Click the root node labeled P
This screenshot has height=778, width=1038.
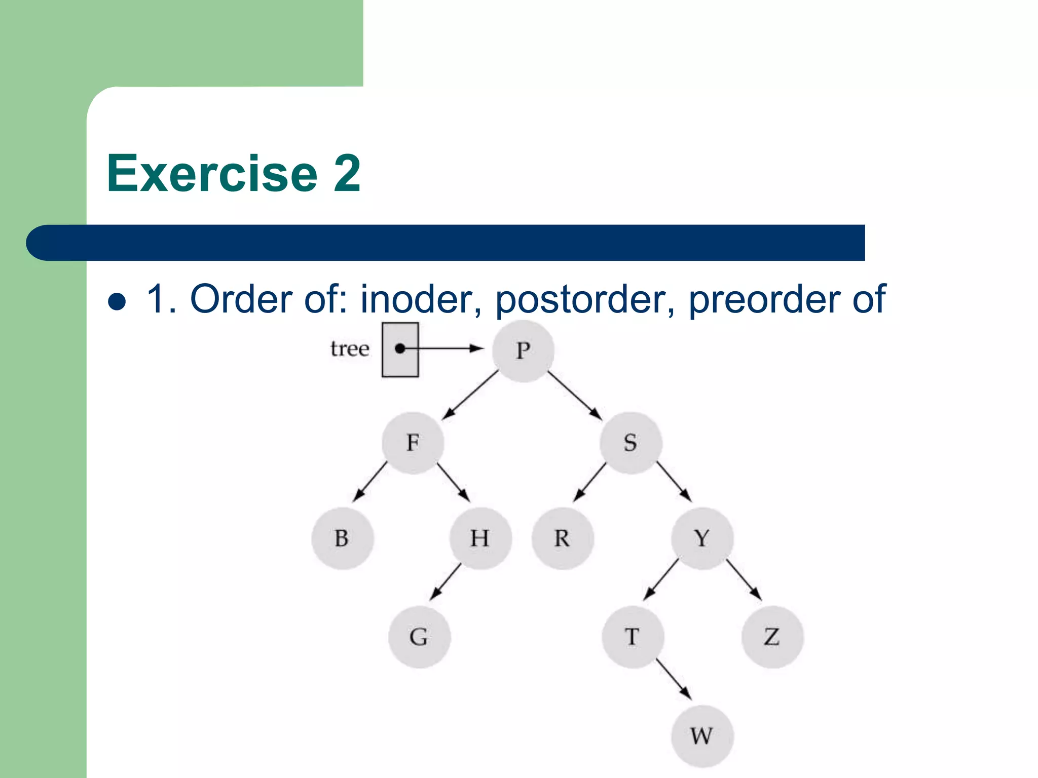[x=523, y=351]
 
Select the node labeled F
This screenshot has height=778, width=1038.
[x=413, y=443]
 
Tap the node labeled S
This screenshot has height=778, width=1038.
[x=631, y=443]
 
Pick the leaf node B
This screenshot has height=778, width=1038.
[x=342, y=538]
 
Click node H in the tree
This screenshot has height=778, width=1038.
[x=480, y=538]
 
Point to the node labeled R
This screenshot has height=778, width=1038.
[x=562, y=538]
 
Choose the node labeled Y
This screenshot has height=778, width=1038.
[x=702, y=538]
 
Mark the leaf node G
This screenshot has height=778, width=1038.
[x=419, y=637]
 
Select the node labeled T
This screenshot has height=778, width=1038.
[x=633, y=637]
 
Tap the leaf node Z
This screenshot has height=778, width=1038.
[x=772, y=637]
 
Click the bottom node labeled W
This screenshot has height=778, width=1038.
[x=702, y=736]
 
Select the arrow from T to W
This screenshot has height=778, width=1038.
[x=674, y=679]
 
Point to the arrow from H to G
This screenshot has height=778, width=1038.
[x=446, y=581]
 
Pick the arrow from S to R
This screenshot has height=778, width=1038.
[x=590, y=482]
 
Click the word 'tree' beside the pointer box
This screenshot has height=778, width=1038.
[x=350, y=348]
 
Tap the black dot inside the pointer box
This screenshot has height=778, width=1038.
[x=400, y=348]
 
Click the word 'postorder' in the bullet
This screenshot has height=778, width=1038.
[x=584, y=300]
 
